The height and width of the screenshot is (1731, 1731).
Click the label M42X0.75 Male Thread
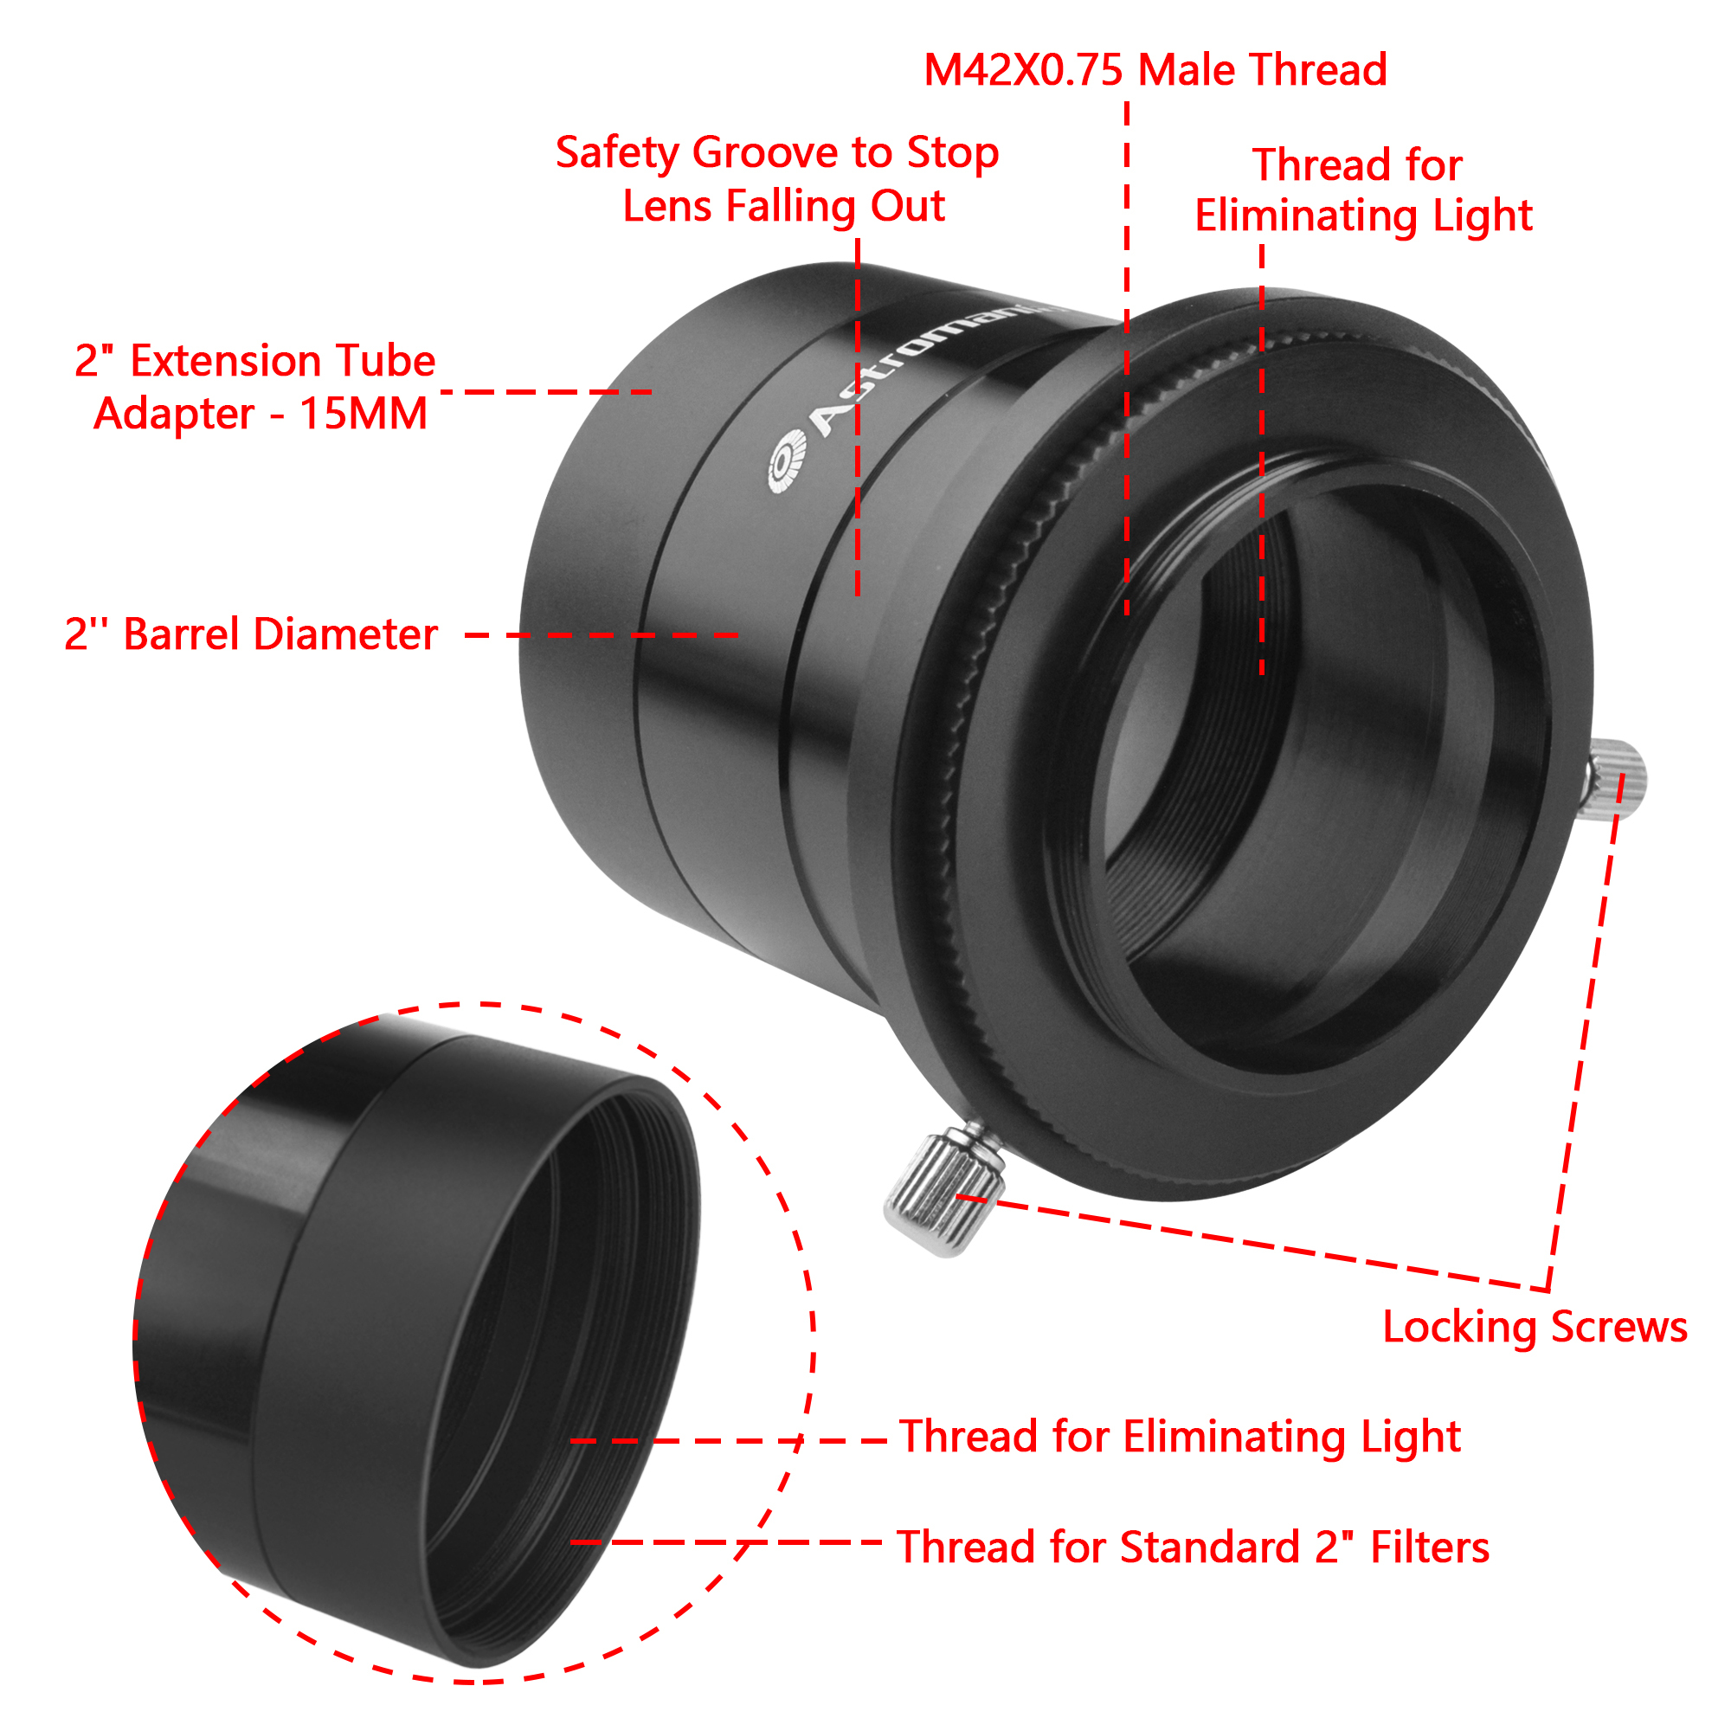click(1155, 70)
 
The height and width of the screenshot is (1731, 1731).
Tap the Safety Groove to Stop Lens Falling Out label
click(777, 179)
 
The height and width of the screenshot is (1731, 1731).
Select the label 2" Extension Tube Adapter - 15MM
click(255, 387)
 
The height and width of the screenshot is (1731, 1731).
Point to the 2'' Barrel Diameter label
click(251, 634)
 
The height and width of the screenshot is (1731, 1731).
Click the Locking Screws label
click(1535, 1327)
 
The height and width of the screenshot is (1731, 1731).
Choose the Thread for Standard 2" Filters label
click(1194, 1548)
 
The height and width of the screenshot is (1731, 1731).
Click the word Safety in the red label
click(618, 152)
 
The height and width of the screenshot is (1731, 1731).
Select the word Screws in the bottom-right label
click(1619, 1327)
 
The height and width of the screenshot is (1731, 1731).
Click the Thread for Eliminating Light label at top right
click(1363, 190)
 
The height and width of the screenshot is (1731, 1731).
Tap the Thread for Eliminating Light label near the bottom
click(1180, 1436)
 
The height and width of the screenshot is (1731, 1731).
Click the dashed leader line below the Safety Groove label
click(858, 417)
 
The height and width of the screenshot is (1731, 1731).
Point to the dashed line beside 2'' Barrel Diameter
click(602, 635)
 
